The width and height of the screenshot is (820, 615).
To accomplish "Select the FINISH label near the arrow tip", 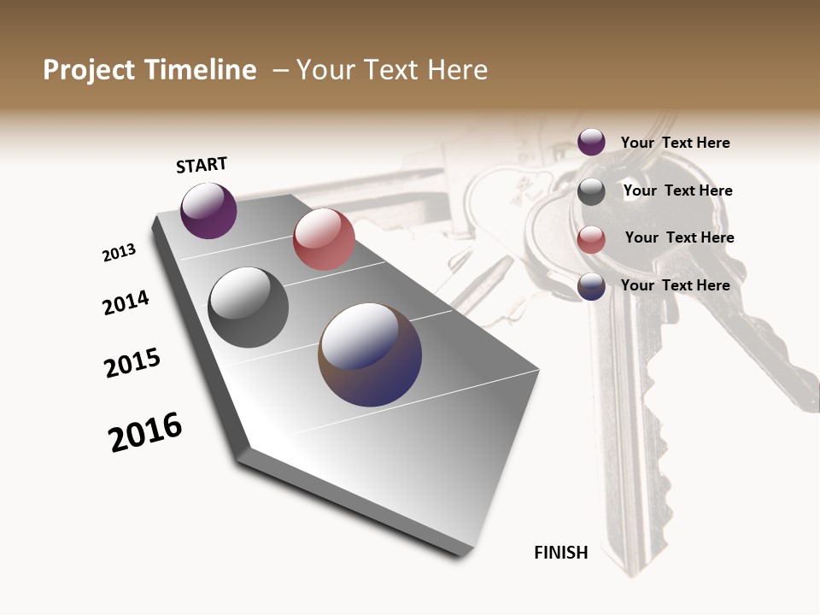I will tap(561, 553).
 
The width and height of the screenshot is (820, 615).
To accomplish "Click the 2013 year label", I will tap(119, 252).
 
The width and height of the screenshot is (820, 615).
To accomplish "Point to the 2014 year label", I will tap(126, 302).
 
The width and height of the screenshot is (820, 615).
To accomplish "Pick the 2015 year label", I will tap(132, 363).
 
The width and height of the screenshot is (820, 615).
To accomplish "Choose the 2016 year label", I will tap(145, 432).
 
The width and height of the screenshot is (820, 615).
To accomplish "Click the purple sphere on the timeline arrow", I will tap(208, 210).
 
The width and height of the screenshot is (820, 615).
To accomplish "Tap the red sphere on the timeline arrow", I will tap(324, 239).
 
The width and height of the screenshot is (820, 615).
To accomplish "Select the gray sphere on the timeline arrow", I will tap(248, 307).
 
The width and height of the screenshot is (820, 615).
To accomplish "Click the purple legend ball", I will tap(591, 142).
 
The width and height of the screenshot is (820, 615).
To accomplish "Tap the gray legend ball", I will tap(591, 191).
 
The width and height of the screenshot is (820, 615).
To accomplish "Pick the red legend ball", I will tap(591, 239).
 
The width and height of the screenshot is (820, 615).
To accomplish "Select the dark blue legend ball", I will tap(591, 286).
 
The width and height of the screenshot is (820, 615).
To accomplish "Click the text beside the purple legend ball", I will tap(675, 143).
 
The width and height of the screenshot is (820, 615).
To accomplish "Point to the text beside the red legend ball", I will tap(679, 237).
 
